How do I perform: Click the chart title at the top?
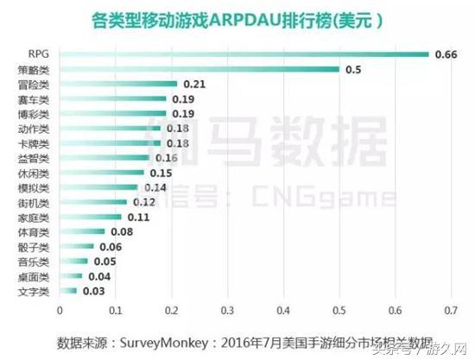coord(237,19)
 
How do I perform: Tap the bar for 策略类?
coord(199,69)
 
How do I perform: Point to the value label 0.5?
coord(354,69)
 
